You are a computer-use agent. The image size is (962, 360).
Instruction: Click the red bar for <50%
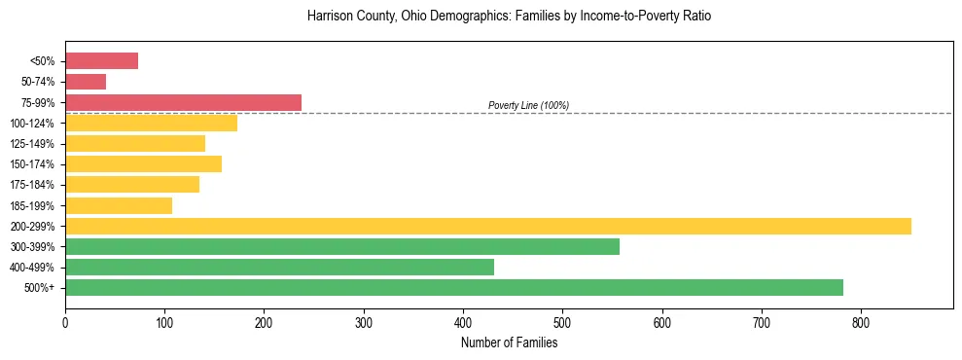101,61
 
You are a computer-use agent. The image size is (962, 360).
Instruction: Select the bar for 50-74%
86,82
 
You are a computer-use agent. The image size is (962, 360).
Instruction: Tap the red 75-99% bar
183,102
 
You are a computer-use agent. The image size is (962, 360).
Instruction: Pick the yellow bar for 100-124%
151,123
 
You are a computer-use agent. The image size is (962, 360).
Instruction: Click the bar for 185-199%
119,205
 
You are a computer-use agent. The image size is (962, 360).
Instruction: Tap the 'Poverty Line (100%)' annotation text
528,105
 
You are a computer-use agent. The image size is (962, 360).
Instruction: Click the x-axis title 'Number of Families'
509,342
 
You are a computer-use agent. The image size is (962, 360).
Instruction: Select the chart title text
509,17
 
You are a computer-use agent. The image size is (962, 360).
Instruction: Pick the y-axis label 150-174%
32,164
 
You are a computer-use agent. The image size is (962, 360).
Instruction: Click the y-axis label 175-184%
32,185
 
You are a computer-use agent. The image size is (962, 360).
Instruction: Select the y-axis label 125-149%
32,144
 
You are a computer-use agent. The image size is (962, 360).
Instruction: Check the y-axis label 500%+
39,288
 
